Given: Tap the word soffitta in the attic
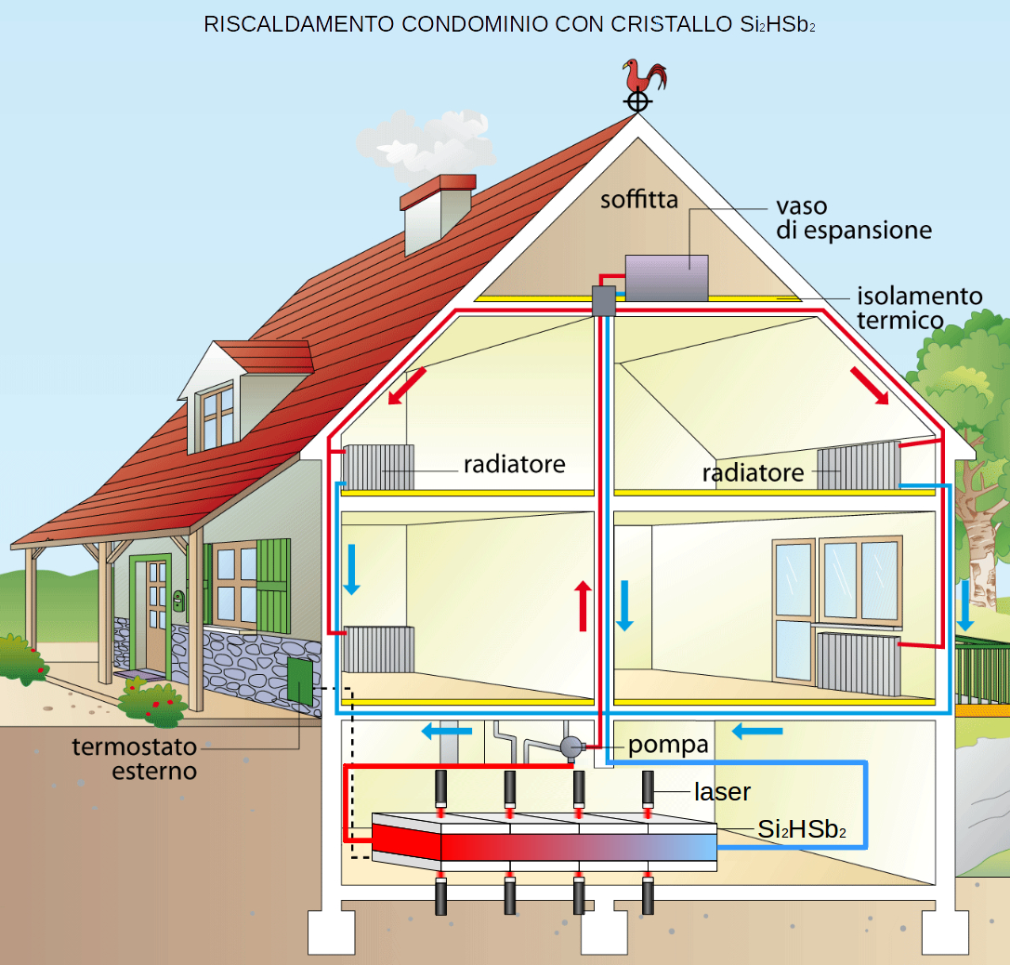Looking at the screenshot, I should [x=639, y=199].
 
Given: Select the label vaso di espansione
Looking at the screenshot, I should [x=854, y=218].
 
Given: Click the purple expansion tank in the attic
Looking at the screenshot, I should [x=666, y=276].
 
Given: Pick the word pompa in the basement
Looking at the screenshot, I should [x=668, y=745].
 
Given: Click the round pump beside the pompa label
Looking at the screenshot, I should [x=571, y=746].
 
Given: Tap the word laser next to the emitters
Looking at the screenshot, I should [x=722, y=792].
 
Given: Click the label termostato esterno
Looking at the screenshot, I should [x=136, y=759].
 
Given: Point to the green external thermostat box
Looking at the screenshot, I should [x=300, y=681].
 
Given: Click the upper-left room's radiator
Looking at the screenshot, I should [x=380, y=467].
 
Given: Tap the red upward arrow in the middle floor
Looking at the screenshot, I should [x=584, y=605].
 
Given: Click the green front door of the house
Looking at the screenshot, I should [x=151, y=614].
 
